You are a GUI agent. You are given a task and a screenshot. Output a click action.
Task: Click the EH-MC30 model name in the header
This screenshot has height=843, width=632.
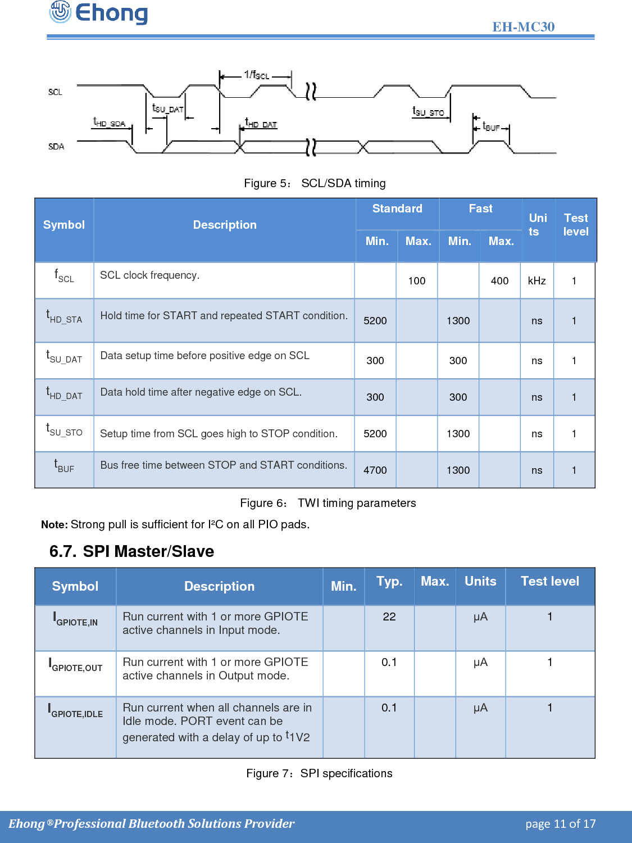coord(523,27)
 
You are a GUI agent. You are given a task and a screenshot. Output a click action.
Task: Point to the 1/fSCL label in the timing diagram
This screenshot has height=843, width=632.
coord(257,75)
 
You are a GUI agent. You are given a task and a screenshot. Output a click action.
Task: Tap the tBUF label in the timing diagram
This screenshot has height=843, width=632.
coord(491,127)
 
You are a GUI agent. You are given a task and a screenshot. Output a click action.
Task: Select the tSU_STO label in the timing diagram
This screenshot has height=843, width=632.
coord(428,112)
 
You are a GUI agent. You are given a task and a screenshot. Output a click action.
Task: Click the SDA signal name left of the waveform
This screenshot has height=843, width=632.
coord(56,147)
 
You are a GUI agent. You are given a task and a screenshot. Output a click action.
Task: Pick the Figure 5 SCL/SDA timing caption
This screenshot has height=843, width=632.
coord(315,183)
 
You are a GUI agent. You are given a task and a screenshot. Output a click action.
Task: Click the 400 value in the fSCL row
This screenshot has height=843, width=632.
coord(499,281)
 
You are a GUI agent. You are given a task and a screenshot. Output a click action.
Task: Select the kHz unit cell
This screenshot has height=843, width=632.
coord(536,281)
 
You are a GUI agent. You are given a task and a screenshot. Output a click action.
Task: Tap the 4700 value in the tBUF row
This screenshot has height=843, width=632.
coord(375,470)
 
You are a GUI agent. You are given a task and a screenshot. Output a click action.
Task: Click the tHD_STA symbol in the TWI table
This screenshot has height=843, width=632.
coord(64,317)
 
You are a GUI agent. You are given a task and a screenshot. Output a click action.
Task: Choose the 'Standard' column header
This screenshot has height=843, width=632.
coord(397,209)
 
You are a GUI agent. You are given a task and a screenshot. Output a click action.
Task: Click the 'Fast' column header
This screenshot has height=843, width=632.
coord(480,209)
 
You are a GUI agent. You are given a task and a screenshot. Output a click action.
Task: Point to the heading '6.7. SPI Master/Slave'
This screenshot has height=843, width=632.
coord(131,551)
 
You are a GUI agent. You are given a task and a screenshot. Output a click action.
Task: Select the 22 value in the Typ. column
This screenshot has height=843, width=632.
coord(389,617)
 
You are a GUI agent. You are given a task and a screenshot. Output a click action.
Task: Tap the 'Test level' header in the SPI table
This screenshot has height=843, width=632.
coord(549,582)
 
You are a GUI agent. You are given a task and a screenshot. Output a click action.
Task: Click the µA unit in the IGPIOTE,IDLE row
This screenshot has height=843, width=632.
coord(480,708)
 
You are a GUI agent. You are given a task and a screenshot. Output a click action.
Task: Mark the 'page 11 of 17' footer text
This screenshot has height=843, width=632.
coord(560,824)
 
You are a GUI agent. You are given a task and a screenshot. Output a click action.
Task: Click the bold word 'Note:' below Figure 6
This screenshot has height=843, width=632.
coord(54,525)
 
